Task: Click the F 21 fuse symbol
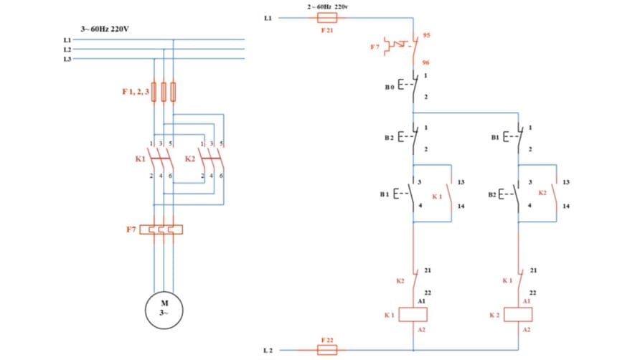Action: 327,18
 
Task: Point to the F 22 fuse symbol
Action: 327,350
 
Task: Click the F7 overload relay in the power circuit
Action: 162,229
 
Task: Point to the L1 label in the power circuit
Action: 67,40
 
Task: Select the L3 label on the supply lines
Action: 67,59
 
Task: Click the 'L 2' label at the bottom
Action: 268,350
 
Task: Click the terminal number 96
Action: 425,62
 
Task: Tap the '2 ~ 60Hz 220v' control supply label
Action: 328,6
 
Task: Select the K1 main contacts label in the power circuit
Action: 140,158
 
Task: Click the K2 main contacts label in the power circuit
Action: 190,158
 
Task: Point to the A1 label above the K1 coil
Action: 422,301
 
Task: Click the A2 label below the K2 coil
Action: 527,328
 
